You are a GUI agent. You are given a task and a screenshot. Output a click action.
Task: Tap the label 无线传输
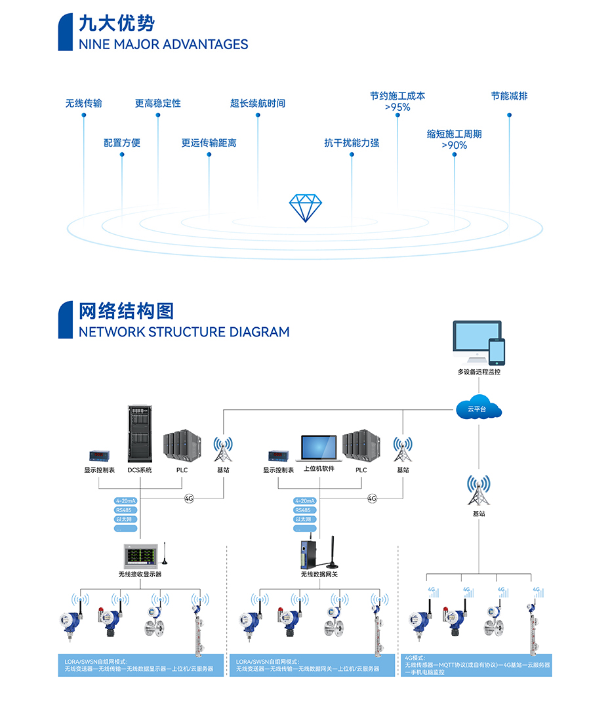(83, 104)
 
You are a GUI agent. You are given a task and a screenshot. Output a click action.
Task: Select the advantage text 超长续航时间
(258, 104)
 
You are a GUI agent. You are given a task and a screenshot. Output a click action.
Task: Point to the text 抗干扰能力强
(352, 143)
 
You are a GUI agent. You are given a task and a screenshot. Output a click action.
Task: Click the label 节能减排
(509, 96)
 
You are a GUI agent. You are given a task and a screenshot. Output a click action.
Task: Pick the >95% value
(397, 108)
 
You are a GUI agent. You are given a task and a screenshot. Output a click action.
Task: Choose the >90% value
(454, 146)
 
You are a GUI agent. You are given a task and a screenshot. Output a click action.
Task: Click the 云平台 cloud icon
(479, 409)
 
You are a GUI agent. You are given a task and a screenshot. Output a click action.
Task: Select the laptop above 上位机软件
(319, 448)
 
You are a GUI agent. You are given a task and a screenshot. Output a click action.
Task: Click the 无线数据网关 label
(319, 575)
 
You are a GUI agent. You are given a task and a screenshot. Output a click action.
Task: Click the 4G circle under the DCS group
(190, 498)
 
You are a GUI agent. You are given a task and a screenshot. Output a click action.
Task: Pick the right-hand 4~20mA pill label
(304, 501)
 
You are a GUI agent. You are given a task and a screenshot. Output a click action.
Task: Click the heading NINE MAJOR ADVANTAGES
(163, 45)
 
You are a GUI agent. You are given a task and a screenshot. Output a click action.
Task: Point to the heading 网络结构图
(126, 311)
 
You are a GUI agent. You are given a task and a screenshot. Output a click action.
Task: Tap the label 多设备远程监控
(479, 372)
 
